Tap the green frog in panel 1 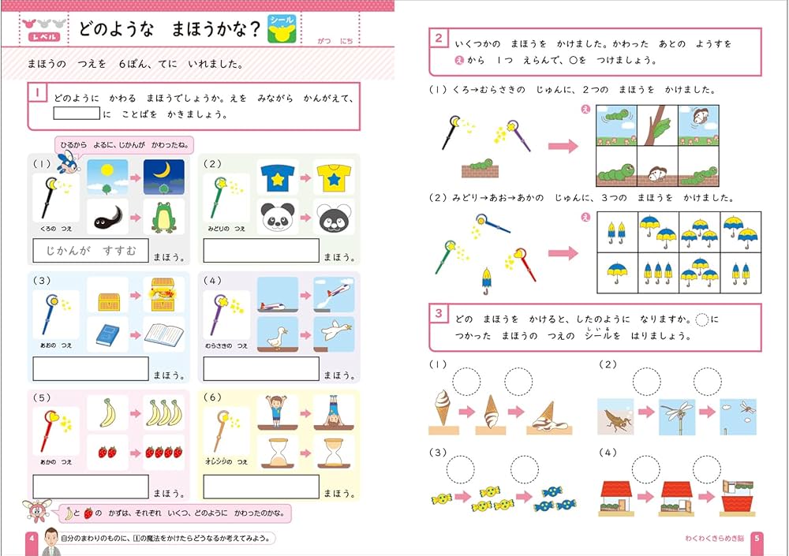tap(163, 217)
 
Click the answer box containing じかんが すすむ tap(90, 251)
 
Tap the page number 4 tap(31, 539)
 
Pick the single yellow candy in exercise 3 tap(441, 498)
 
